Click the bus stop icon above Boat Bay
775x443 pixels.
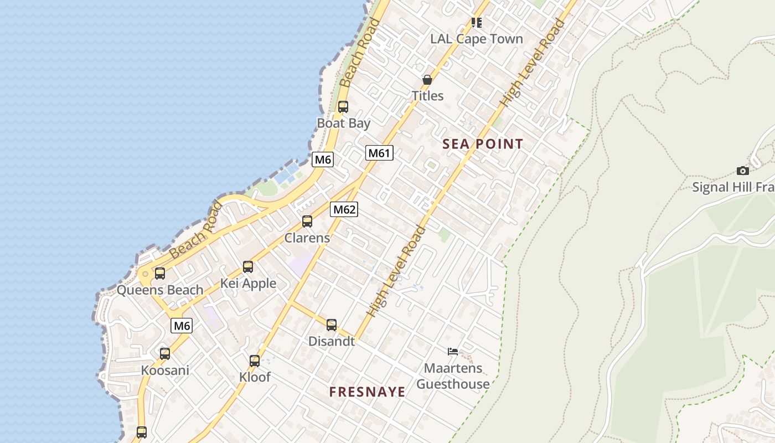click(x=343, y=107)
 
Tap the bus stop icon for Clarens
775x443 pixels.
click(x=307, y=221)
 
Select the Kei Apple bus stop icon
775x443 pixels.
click(x=248, y=267)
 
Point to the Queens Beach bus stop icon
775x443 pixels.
click(x=160, y=273)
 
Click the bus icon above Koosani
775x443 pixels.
click(x=165, y=354)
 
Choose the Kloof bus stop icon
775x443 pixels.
click(x=255, y=361)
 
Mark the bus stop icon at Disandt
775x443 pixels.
click(x=332, y=325)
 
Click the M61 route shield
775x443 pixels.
click(x=379, y=153)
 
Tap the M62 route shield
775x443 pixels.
click(x=344, y=209)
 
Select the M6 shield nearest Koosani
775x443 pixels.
click(x=182, y=326)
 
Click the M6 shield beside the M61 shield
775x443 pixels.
click(x=323, y=160)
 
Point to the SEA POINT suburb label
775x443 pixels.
click(x=483, y=145)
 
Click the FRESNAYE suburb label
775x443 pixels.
click(x=367, y=392)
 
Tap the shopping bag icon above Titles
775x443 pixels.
click(x=427, y=80)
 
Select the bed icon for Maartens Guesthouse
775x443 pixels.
click(x=453, y=351)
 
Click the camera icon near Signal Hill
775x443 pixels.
click(x=743, y=171)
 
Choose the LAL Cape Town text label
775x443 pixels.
click(x=477, y=39)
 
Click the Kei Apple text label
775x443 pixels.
click(x=248, y=284)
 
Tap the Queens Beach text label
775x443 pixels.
click(x=160, y=290)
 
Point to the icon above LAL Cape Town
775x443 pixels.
click(x=477, y=23)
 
